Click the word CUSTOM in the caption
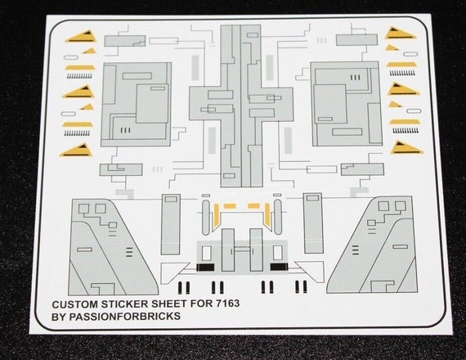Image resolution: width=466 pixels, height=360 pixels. click(x=75, y=304)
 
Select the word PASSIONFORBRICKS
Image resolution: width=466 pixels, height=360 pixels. click(x=124, y=316)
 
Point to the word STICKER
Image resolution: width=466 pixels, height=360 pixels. click(x=125, y=304)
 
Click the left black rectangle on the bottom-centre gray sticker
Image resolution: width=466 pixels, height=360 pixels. click(x=205, y=268)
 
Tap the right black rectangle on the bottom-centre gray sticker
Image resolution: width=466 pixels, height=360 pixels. click(x=279, y=267)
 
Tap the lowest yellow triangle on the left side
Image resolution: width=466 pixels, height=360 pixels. click(x=78, y=151)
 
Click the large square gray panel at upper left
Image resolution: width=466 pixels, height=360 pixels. click(x=136, y=105)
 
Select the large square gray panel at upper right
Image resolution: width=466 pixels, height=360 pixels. click(x=347, y=104)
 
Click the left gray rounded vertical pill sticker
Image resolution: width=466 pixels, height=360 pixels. click(x=206, y=218)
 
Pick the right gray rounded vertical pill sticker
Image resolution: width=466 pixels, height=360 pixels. click(x=278, y=217)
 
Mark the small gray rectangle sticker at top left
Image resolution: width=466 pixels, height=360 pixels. click(x=125, y=41)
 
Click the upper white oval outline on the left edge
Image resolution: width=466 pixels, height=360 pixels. click(x=71, y=56)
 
